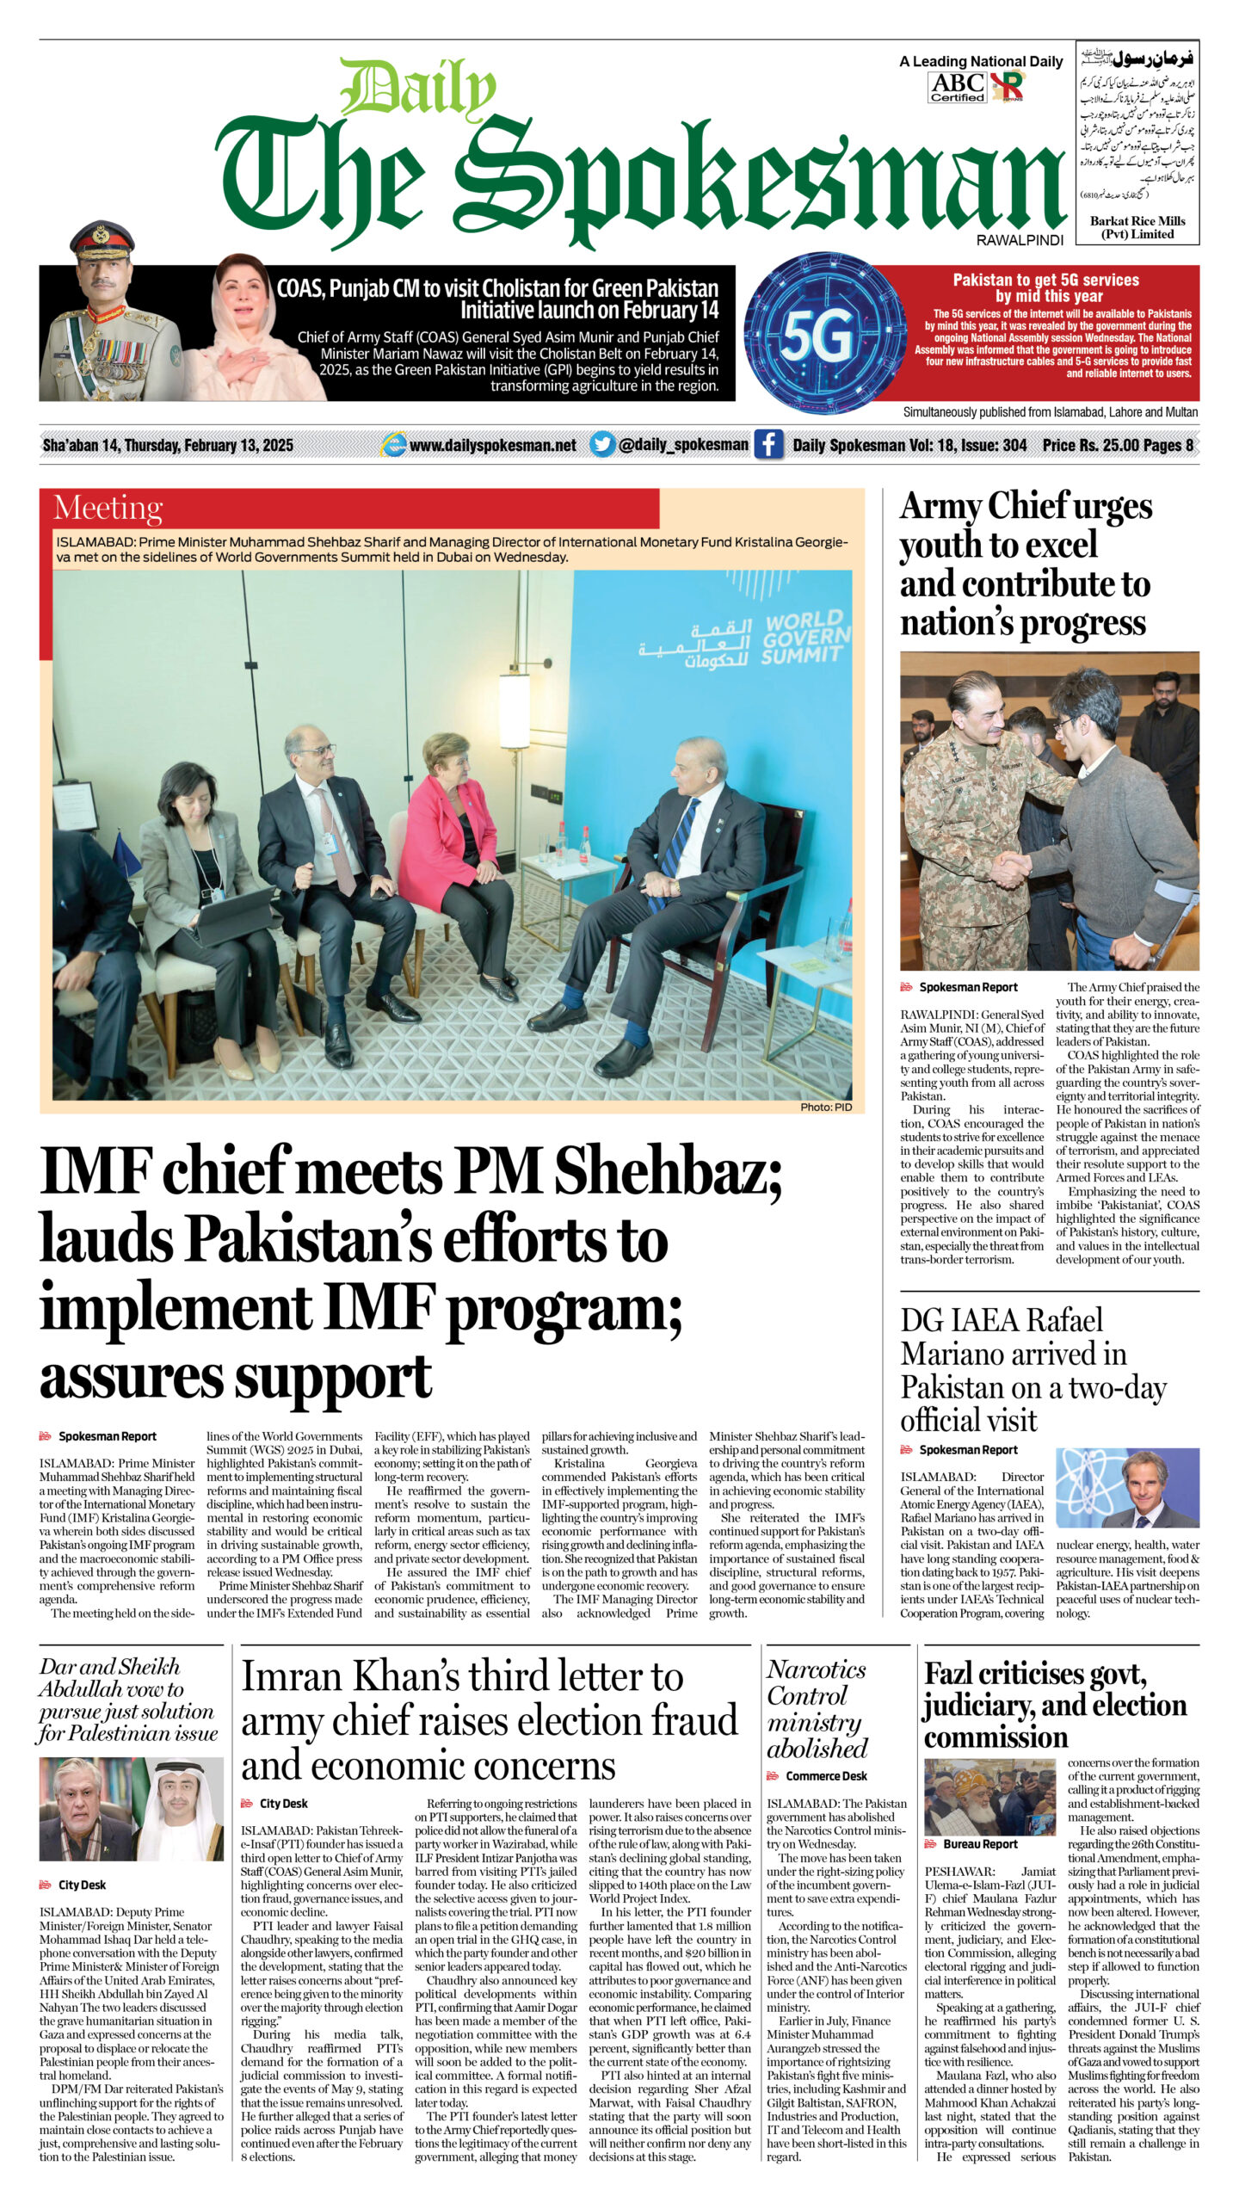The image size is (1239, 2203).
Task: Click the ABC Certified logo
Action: click(x=957, y=86)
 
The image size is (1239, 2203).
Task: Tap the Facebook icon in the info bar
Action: click(x=767, y=444)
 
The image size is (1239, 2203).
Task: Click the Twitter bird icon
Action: click(x=602, y=444)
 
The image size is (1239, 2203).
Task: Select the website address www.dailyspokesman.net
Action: click(x=492, y=445)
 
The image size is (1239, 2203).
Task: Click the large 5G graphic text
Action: click(x=817, y=335)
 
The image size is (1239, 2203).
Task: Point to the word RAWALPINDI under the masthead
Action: click(x=1020, y=240)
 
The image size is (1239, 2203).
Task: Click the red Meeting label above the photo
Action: click(x=108, y=508)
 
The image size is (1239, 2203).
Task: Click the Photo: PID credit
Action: click(x=825, y=1107)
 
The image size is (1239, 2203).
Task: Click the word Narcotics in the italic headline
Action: click(x=816, y=1669)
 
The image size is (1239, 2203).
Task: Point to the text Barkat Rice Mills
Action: click(x=1137, y=221)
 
